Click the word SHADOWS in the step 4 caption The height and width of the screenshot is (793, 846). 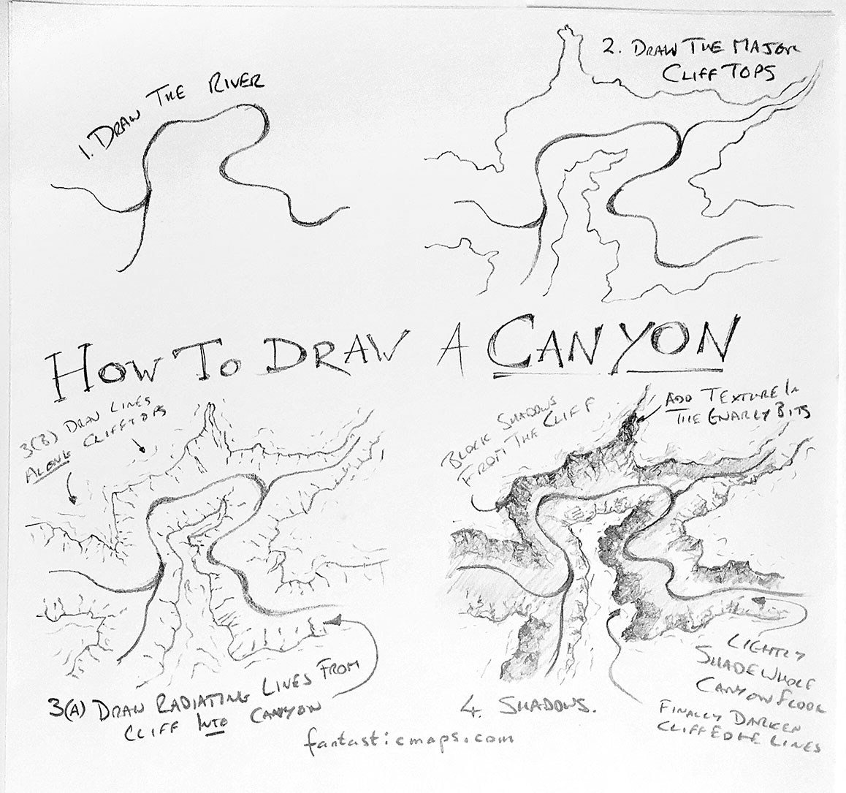(x=540, y=705)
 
